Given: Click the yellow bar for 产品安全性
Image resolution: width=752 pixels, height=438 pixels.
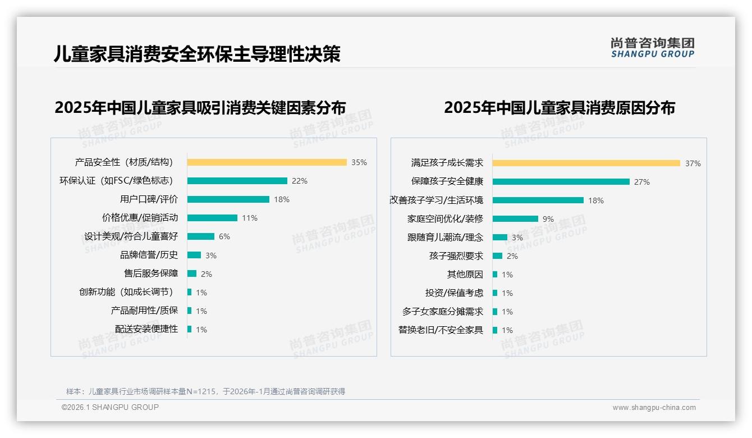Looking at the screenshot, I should pyautogui.click(x=267, y=162).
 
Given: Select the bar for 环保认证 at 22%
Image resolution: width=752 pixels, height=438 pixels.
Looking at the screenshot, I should pyautogui.click(x=237, y=181).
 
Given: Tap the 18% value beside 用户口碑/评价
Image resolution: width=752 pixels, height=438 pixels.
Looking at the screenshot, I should pyautogui.click(x=282, y=199).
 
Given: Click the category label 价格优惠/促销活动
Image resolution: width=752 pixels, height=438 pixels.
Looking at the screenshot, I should pyautogui.click(x=140, y=218).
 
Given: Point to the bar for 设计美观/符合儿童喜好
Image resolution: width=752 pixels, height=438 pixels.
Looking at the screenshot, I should pyautogui.click(x=201, y=236).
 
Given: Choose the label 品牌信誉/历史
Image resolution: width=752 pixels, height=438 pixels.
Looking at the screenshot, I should pyautogui.click(x=149, y=255).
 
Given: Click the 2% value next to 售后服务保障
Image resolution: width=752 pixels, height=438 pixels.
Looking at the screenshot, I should pyautogui.click(x=207, y=274).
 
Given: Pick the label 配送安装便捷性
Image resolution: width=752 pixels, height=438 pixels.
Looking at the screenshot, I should pyautogui.click(x=146, y=329).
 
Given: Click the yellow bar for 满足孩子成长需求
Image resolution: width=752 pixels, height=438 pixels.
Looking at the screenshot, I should pyautogui.click(x=586, y=163).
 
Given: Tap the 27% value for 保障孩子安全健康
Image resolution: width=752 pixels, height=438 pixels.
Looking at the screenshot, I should pyautogui.click(x=642, y=182).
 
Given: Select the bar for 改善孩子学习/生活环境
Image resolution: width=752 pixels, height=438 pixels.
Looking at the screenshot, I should pyautogui.click(x=538, y=200).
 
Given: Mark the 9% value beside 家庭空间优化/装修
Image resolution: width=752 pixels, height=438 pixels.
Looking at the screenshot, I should pyautogui.click(x=548, y=219).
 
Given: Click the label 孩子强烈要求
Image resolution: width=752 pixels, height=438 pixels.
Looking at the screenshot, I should pyautogui.click(x=456, y=256).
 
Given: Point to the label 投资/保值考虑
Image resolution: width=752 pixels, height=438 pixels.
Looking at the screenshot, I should pyautogui.click(x=454, y=293).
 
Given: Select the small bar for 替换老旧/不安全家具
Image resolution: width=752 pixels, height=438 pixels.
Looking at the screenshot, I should pyautogui.click(x=495, y=330).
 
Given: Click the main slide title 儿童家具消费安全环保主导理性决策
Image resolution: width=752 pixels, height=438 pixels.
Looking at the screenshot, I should pyautogui.click(x=197, y=54).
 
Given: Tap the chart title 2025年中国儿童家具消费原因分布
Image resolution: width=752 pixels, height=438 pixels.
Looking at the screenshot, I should pyautogui.click(x=560, y=107).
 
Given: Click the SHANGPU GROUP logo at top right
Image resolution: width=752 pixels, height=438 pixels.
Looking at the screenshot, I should pyautogui.click(x=653, y=48).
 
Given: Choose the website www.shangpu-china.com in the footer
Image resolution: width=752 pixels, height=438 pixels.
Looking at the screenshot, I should pyautogui.click(x=654, y=408).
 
